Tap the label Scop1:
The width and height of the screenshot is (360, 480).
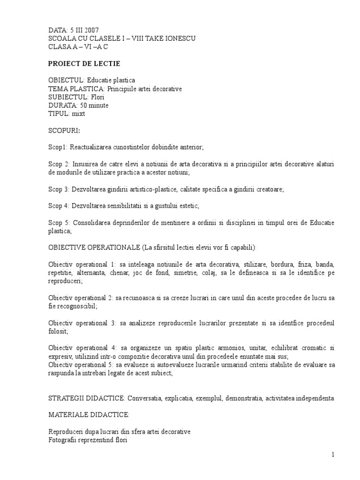(59, 147)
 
